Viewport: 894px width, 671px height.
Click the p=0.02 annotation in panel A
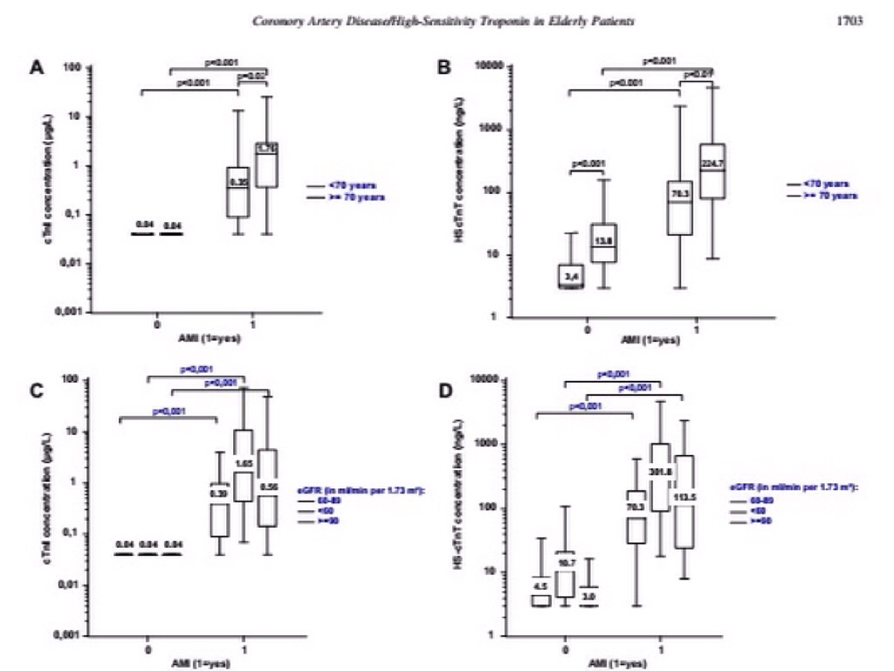[x=253, y=76]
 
